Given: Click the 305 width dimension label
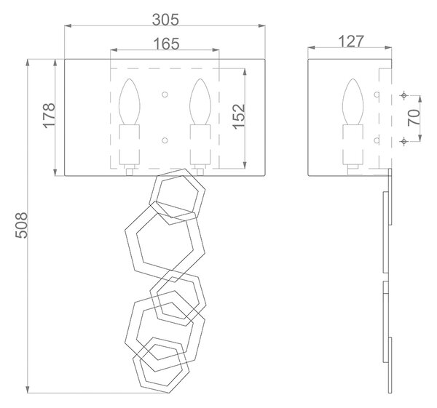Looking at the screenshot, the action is coord(165,20).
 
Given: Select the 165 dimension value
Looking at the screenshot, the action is coord(166,44).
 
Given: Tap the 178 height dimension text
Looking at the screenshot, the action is coord(50,115).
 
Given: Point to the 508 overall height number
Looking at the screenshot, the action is coord(21,225).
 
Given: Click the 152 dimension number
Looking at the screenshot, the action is coord(239,116).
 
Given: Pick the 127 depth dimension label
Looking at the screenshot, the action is coord(351,41).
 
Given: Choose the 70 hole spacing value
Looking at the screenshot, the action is coord(414,117).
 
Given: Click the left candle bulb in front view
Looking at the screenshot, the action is coord(130,102).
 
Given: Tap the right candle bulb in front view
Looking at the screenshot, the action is coord(200,102).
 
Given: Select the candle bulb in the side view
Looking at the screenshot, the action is coord(353,102).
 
